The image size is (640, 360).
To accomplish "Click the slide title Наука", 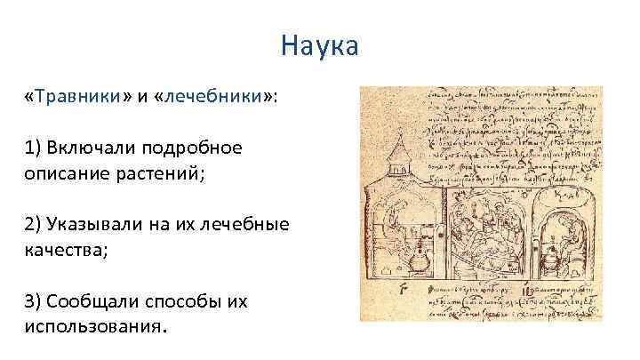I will pos(319,44).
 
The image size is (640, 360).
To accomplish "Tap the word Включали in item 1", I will pos(89,147).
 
